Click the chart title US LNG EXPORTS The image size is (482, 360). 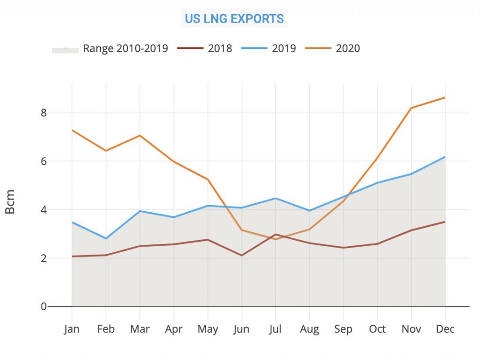(234, 19)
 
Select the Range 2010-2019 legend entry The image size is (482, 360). (125, 48)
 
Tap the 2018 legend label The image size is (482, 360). (220, 48)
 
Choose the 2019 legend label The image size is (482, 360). (284, 48)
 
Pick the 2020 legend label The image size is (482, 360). (348, 48)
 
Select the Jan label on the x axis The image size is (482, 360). (72, 329)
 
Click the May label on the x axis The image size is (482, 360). (208, 329)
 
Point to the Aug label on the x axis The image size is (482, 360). (309, 329)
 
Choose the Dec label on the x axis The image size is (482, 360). (445, 329)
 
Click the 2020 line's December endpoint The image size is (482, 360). (445, 98)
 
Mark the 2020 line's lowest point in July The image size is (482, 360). (275, 239)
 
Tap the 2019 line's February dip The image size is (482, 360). (106, 239)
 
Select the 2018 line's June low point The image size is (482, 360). (241, 256)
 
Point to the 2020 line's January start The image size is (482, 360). (72, 130)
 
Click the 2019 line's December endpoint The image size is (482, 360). (445, 157)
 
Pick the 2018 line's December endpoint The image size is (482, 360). (445, 222)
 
